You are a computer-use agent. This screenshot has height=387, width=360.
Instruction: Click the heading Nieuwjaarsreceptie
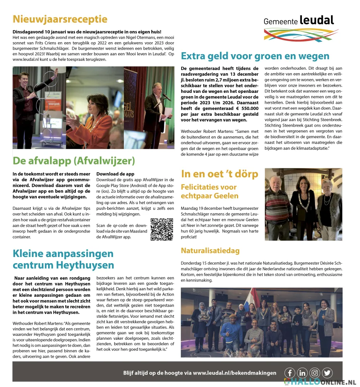(60, 19)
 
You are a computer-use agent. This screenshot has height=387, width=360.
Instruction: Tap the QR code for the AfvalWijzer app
(161, 229)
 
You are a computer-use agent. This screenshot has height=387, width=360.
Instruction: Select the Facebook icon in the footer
(290, 373)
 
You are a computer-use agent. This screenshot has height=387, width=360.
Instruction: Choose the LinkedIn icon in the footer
(302, 373)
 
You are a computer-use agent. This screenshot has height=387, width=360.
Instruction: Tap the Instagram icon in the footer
(315, 373)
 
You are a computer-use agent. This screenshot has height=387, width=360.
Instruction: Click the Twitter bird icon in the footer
(327, 373)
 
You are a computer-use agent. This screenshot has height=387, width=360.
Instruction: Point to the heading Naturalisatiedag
(210, 250)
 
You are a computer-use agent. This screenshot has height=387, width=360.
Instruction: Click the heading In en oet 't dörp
(219, 174)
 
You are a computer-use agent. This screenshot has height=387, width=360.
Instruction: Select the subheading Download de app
(115, 174)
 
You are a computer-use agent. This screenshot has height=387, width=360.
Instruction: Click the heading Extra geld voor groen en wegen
(255, 56)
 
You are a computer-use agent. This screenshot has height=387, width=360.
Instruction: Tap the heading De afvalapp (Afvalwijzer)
(74, 160)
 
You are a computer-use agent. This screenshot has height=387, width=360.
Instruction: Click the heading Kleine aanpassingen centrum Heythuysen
(63, 259)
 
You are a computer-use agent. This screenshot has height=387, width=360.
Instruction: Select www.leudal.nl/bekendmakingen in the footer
(235, 373)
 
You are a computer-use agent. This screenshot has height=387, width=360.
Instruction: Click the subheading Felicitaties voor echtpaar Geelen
(209, 192)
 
